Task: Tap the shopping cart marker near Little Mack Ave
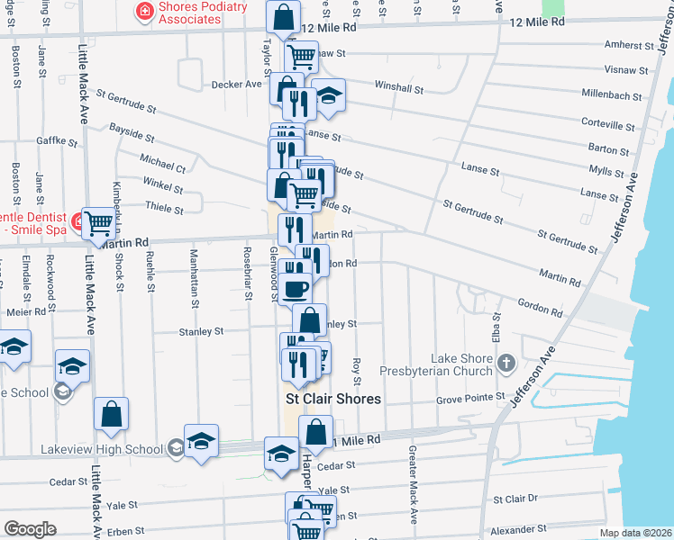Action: click(97, 223)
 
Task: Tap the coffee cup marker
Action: click(295, 287)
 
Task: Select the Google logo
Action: click(30, 528)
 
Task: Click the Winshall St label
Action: click(398, 88)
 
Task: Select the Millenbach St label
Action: click(612, 94)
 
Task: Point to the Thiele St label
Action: click(164, 209)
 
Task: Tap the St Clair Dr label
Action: click(515, 498)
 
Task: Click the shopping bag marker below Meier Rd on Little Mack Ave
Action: click(112, 413)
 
